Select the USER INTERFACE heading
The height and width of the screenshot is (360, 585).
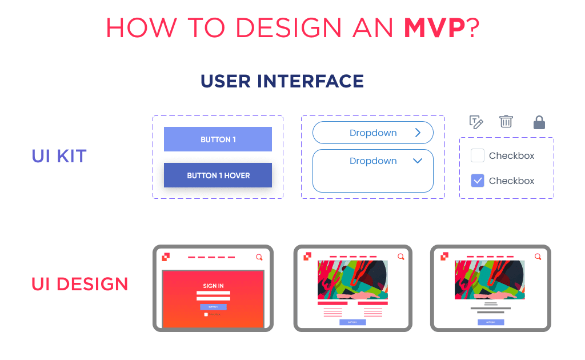pos(282,81)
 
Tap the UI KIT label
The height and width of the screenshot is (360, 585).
pos(59,156)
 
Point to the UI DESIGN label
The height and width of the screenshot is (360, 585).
pos(80,284)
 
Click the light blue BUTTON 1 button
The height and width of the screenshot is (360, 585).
pos(218,139)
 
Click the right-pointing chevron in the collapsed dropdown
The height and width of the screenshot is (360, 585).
pos(418,133)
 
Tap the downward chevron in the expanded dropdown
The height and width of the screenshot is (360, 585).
pos(418,161)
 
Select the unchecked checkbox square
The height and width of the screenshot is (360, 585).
pos(478,155)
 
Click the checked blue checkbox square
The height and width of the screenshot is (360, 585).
pos(478,181)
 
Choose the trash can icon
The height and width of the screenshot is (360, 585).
pos(506,121)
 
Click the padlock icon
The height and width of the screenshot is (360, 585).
pos(539,122)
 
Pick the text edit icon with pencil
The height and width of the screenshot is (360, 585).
pos(476,122)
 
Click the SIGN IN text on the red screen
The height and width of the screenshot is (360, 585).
pos(213,286)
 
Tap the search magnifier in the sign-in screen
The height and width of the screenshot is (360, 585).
pos(259,257)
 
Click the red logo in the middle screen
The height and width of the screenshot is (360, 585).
pos(307,257)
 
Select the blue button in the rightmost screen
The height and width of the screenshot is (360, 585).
pos(491,322)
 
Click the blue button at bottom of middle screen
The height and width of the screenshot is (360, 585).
pos(352,322)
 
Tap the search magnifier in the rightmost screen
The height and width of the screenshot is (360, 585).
pos(538,257)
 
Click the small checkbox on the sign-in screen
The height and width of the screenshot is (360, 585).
pos(206,314)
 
